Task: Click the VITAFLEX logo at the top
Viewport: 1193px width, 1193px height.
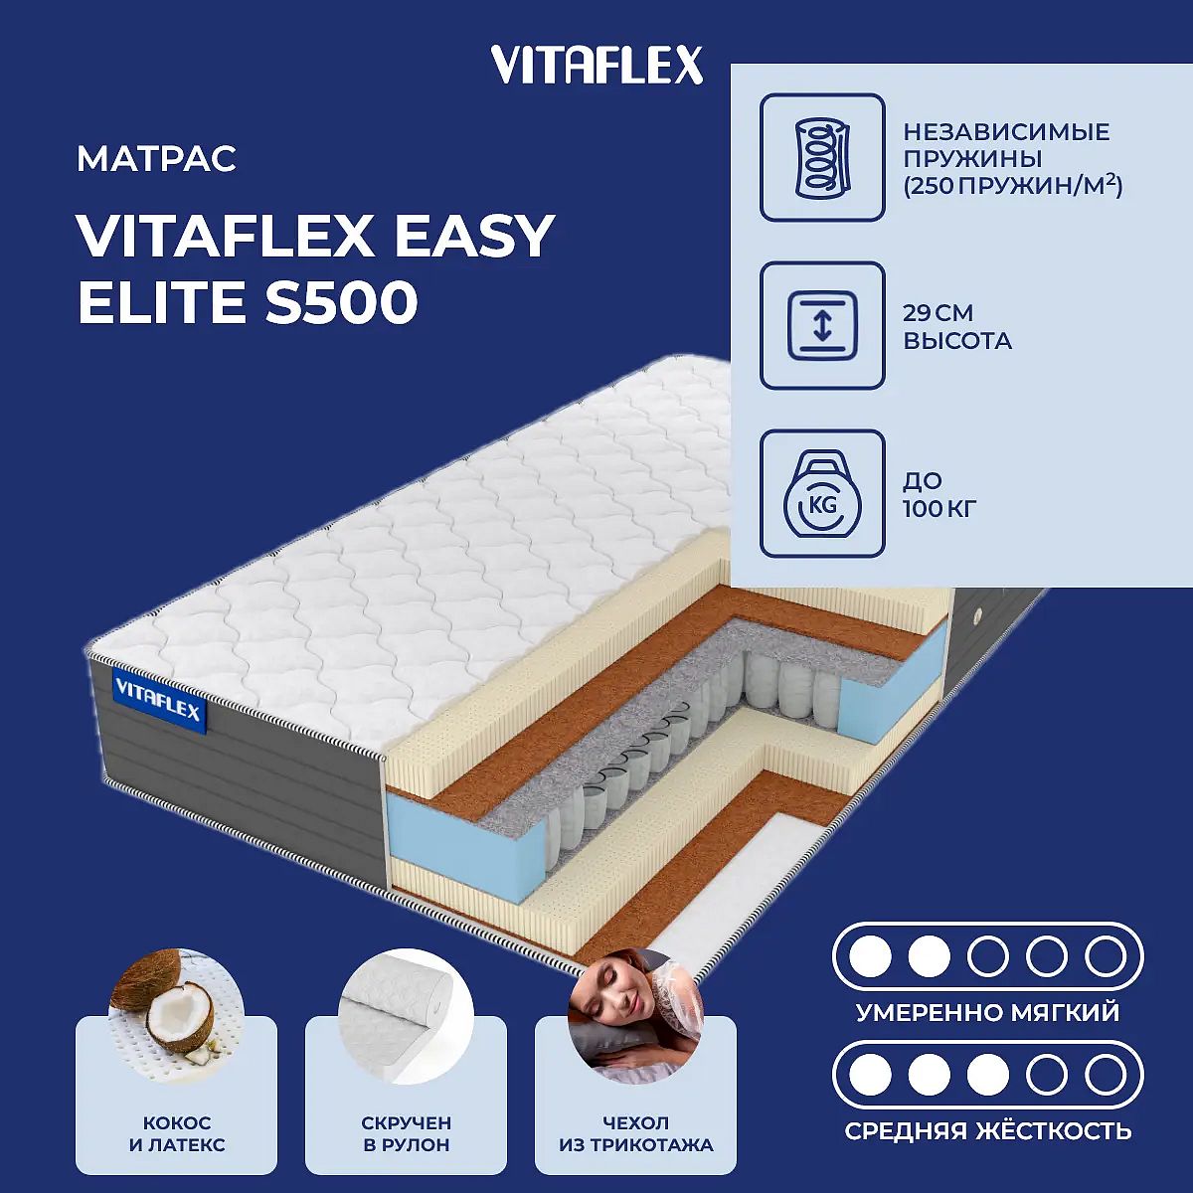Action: point(596,66)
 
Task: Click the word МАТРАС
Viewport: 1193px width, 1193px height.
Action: point(157,158)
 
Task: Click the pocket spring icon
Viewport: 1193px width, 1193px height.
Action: point(822,157)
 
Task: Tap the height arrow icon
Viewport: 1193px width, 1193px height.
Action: point(822,325)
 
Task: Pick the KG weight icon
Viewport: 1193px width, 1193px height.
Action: point(822,493)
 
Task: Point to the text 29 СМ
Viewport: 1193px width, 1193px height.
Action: point(937,313)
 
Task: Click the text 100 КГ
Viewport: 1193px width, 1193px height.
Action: point(939,509)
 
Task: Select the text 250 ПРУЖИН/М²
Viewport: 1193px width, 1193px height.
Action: point(1012,185)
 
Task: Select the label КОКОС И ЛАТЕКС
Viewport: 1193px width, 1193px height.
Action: point(177,1133)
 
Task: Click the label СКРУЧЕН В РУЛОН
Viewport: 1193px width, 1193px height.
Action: point(407,1133)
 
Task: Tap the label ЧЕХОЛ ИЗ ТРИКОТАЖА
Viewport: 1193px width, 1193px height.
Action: point(636,1133)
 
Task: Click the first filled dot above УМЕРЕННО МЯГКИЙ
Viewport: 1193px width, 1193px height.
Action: point(870,956)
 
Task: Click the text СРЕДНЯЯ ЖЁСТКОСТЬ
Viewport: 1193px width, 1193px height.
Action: point(988,1130)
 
